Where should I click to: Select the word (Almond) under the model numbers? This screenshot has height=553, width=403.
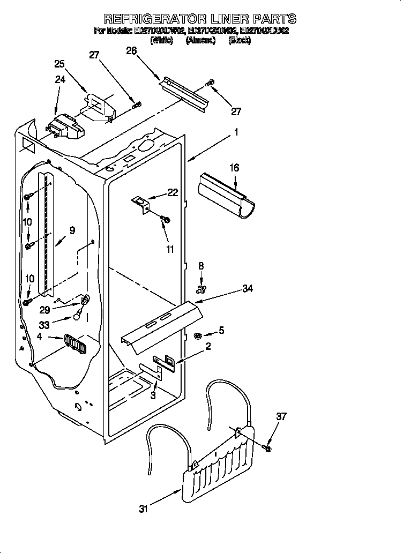[200, 40]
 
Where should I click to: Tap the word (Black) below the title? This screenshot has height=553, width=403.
[239, 40]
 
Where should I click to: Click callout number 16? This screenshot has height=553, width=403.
[234, 168]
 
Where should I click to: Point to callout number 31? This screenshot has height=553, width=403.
[143, 510]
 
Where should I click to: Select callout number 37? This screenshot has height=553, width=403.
[281, 416]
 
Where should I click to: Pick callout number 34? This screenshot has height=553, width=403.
[247, 289]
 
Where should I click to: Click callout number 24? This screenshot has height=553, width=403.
[60, 79]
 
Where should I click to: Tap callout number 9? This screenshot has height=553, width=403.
[72, 231]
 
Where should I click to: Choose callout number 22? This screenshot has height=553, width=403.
[172, 193]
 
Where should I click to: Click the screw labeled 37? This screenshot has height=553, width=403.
[267, 445]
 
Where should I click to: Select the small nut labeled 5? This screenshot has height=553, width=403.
[197, 336]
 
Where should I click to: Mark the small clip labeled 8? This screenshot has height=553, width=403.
[201, 290]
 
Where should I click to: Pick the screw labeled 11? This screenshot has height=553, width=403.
[165, 219]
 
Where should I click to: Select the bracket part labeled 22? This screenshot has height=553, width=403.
[141, 203]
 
